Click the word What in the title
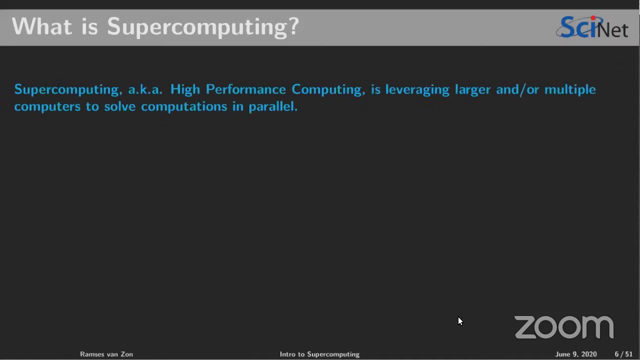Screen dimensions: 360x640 pyautogui.click(x=41, y=26)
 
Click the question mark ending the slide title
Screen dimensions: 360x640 pyautogui.click(x=293, y=26)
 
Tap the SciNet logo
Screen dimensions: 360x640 pyautogui.click(x=592, y=27)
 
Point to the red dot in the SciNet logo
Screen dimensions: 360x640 pyautogui.click(x=593, y=18)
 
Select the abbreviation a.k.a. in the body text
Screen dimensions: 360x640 pyautogui.click(x=145, y=89)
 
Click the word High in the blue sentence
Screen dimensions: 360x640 pyautogui.click(x=185, y=89)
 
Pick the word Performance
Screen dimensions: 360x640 pyautogui.click(x=245, y=89)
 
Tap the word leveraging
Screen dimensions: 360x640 pyautogui.click(x=417, y=89)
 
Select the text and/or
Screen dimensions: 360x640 pyautogui.click(x=517, y=89)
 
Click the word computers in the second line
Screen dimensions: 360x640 pyautogui.click(x=47, y=106)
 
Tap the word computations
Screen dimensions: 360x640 pyautogui.click(x=184, y=106)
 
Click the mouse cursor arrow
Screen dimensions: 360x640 pyautogui.click(x=460, y=321)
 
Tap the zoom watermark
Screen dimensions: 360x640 pyautogui.click(x=564, y=327)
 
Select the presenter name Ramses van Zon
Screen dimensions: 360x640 pyautogui.click(x=106, y=354)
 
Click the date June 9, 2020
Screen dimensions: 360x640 pyautogui.click(x=575, y=354)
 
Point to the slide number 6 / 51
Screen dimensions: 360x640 pyautogui.click(x=623, y=354)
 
